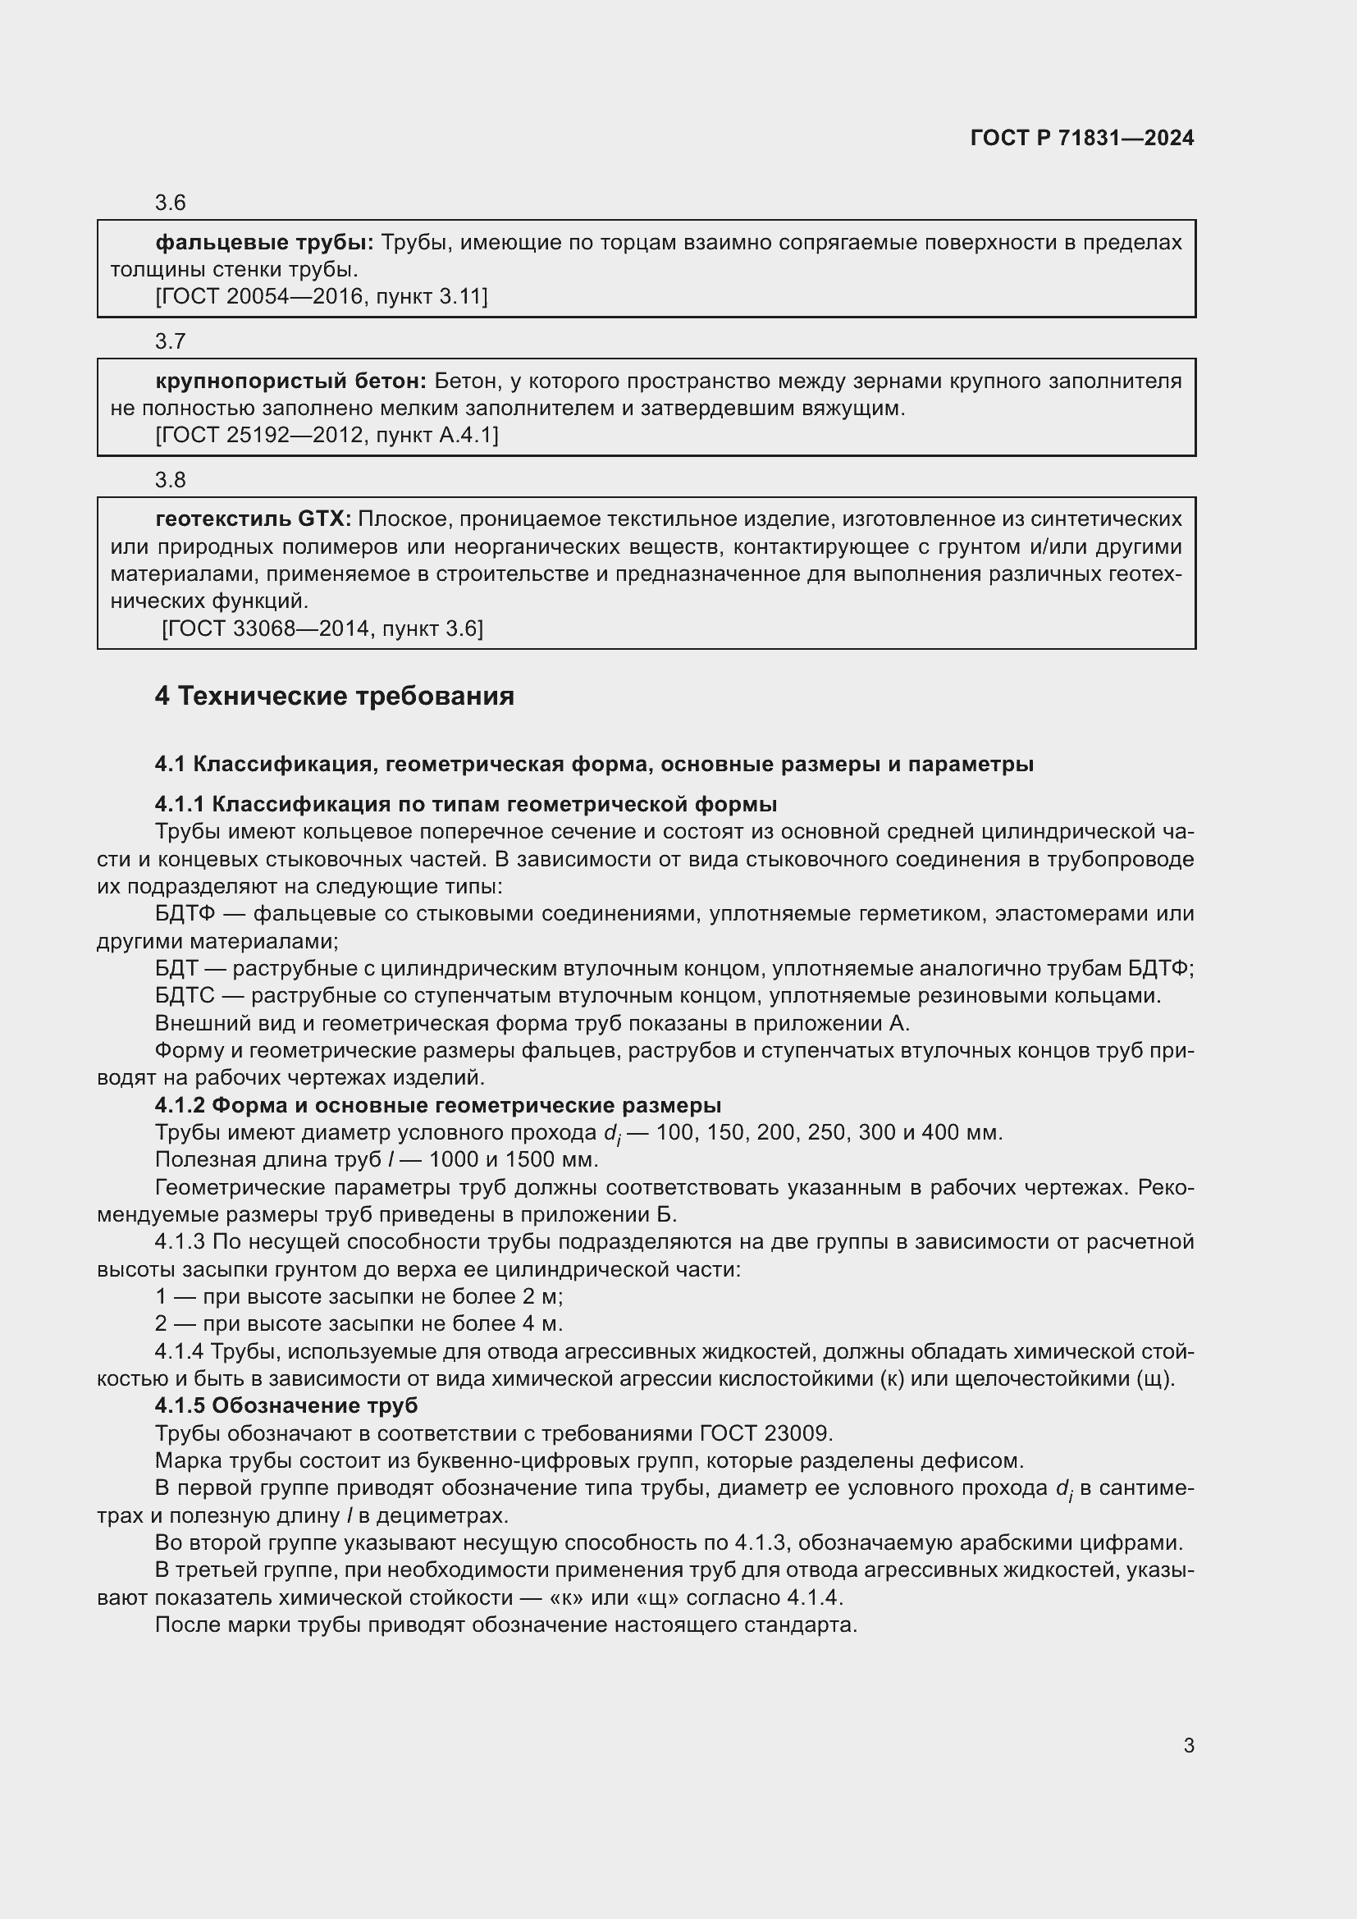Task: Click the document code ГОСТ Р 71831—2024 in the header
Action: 1081,138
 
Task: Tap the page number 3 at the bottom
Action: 1188,1745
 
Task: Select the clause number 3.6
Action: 171,203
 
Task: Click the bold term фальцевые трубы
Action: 264,243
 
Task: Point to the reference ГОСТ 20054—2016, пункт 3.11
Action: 322,297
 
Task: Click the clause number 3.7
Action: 171,342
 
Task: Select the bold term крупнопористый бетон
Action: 290,382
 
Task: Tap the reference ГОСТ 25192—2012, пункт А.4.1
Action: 327,436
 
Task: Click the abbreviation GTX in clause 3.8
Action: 324,519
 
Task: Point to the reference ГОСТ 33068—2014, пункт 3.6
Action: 322,629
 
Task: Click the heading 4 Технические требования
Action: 334,697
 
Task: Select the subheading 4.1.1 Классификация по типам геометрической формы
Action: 465,804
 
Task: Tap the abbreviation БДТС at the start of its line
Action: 185,996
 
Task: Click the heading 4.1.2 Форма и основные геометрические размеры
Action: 438,1106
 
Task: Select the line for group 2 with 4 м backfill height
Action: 359,1324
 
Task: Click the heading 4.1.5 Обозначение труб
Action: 286,1406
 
